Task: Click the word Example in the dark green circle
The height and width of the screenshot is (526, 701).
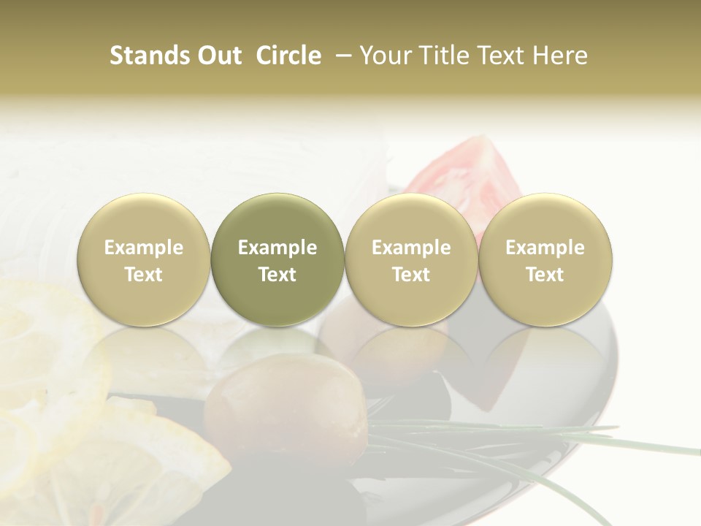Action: [277, 248]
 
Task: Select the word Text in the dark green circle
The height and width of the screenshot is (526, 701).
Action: [277, 275]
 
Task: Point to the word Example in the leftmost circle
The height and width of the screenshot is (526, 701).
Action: [144, 248]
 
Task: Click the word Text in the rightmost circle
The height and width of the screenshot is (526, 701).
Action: [545, 275]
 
